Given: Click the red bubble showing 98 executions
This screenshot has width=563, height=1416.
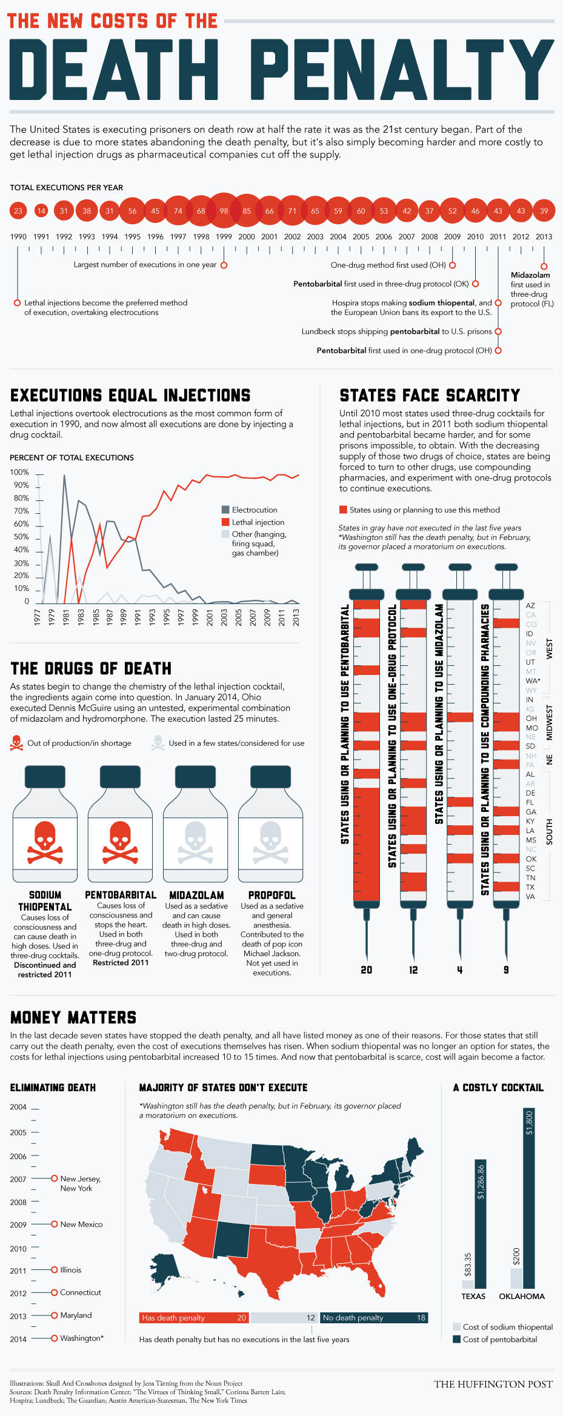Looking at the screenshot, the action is pos(224,211).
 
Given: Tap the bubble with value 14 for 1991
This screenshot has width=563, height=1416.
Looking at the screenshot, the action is pos(41,211).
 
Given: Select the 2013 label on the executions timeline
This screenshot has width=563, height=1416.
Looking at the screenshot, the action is pos(544,237).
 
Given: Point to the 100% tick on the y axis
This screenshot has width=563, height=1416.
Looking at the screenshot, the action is pos(19,472).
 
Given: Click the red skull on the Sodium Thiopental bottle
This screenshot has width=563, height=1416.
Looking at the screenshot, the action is pos(45,842).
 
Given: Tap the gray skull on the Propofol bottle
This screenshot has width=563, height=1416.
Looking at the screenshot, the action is pos(270,842).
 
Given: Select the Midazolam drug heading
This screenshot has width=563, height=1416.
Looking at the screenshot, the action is pos(196,895).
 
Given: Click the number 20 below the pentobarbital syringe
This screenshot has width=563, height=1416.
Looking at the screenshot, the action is pos(367,969).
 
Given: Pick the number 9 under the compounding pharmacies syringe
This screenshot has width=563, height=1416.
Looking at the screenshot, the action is pos(506,969).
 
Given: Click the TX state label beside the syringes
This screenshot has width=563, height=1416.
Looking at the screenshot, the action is pos(530,887).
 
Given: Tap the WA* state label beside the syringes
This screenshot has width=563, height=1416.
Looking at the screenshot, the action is pos(533,680).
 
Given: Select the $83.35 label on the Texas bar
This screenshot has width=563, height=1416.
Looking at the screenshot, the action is pos(467,1265).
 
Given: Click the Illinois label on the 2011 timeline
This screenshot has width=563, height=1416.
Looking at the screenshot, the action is pos(70,1269).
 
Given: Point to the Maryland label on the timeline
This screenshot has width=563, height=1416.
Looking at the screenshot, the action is pos(76,1315).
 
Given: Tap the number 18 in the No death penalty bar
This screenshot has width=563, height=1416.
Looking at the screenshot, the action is pos(421,1317).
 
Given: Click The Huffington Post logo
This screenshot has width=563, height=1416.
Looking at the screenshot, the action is pos(493,1384).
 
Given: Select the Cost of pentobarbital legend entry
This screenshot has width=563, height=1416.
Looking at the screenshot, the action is pos(495,1339).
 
